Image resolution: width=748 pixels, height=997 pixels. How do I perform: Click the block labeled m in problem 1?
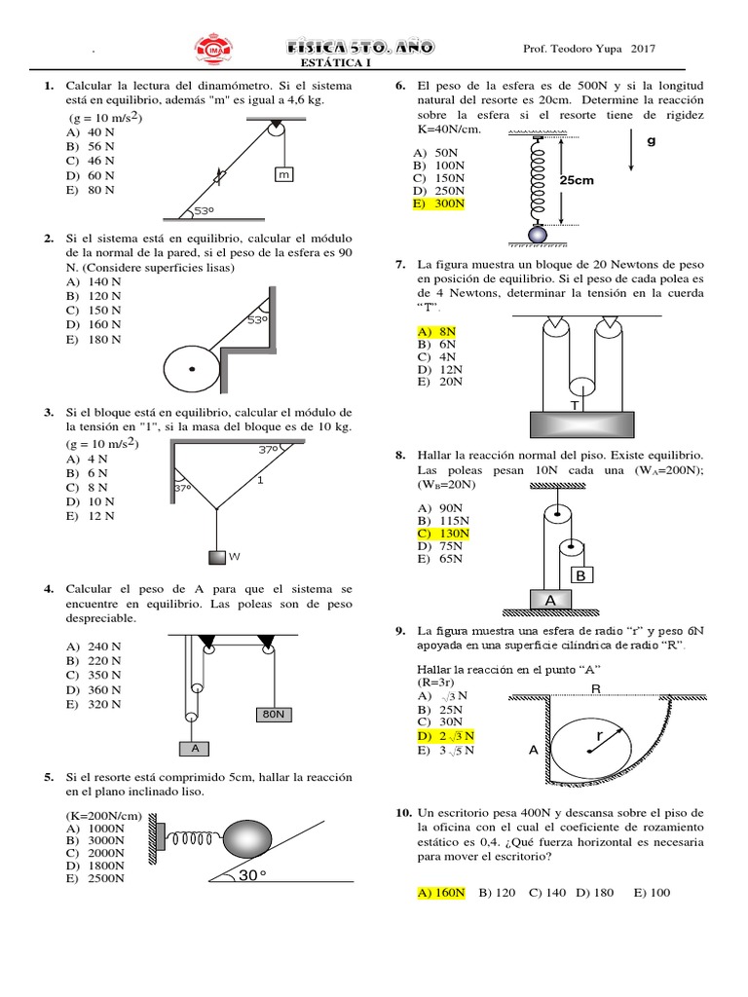pyautogui.click(x=283, y=175)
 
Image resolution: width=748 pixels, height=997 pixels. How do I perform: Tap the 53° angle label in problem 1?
pyautogui.click(x=204, y=210)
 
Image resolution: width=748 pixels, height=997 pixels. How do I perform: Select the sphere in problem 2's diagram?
pyautogui.click(x=192, y=368)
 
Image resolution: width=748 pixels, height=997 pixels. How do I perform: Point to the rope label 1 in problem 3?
pyautogui.click(x=259, y=480)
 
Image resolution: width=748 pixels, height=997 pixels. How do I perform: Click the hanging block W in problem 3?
pyautogui.click(x=217, y=557)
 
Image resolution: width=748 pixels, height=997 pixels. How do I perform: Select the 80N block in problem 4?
pyautogui.click(x=274, y=714)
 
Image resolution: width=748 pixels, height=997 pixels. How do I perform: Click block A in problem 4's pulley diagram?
pyautogui.click(x=195, y=749)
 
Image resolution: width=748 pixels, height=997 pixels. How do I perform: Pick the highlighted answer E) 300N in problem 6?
pyautogui.click(x=438, y=204)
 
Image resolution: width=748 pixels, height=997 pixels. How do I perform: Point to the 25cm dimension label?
pyautogui.click(x=577, y=181)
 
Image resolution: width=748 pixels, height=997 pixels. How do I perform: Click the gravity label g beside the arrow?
pyautogui.click(x=651, y=140)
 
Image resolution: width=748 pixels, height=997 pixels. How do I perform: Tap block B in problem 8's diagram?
pyautogui.click(x=580, y=575)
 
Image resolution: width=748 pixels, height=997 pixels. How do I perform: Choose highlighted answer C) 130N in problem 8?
pyautogui.click(x=442, y=534)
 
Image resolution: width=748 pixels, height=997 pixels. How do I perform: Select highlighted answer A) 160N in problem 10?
pyautogui.click(x=440, y=892)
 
